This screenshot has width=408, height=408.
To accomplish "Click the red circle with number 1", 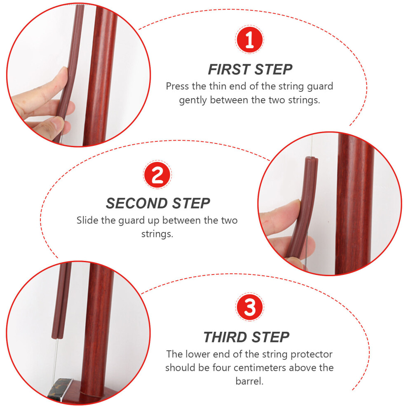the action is [249, 40].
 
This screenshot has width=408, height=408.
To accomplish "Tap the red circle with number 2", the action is [157, 174].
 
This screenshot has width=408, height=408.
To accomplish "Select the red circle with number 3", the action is [249, 307].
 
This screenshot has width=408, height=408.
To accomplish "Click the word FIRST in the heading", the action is [229, 70].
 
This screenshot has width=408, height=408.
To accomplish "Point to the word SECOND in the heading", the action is [136, 203].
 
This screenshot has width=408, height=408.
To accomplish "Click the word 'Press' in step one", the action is [178, 86].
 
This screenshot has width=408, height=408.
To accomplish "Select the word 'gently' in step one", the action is [193, 100].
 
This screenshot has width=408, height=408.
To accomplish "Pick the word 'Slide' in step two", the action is [87, 220].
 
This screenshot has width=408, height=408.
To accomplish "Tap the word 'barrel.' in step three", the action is [249, 381].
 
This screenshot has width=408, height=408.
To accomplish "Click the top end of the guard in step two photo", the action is [312, 158].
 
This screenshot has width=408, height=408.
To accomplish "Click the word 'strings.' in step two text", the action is [157, 234].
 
